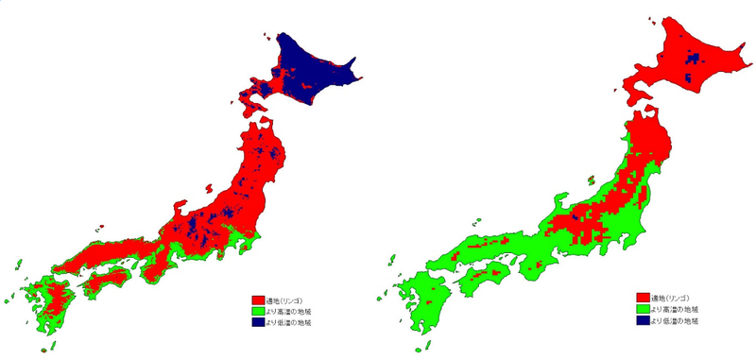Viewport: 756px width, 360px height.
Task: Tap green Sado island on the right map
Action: click(586, 180)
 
